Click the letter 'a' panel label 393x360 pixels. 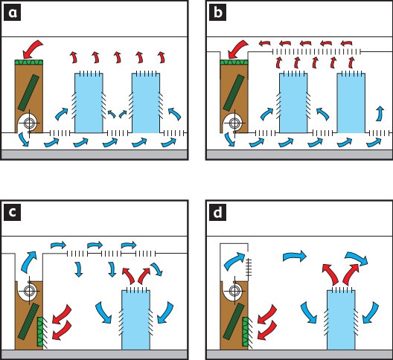12,13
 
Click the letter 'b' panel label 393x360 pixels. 217,13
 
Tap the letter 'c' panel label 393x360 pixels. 12,213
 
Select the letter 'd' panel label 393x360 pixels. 217,213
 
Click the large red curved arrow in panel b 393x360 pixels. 237,48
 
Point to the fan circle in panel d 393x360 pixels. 234,291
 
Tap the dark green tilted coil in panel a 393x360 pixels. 28,93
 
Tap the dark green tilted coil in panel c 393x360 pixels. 28,321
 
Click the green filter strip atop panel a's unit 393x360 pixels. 29,62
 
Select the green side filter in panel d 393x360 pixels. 246,332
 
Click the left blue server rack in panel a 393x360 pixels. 89,103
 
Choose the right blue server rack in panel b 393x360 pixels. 351,103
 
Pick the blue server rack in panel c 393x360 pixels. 136,320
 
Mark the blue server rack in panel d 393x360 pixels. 341,320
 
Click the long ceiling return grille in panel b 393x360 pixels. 316,51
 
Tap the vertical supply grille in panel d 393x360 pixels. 249,267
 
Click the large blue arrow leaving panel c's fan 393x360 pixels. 29,262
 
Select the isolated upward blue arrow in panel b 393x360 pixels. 380,114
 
